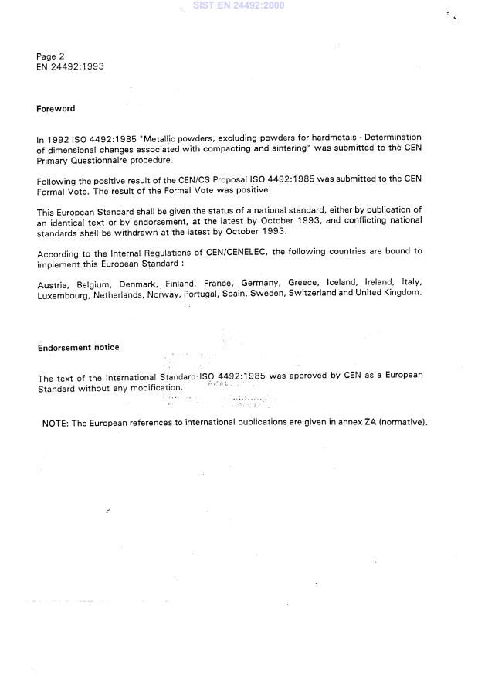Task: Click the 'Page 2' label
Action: coord(50,56)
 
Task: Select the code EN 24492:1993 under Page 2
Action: coord(69,67)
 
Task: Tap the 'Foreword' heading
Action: coord(56,109)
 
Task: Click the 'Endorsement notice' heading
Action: coord(79,348)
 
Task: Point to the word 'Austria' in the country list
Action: coord(52,284)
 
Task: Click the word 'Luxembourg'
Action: coord(63,294)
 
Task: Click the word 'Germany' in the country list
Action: coord(260,284)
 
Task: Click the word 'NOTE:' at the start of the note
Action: coord(56,423)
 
